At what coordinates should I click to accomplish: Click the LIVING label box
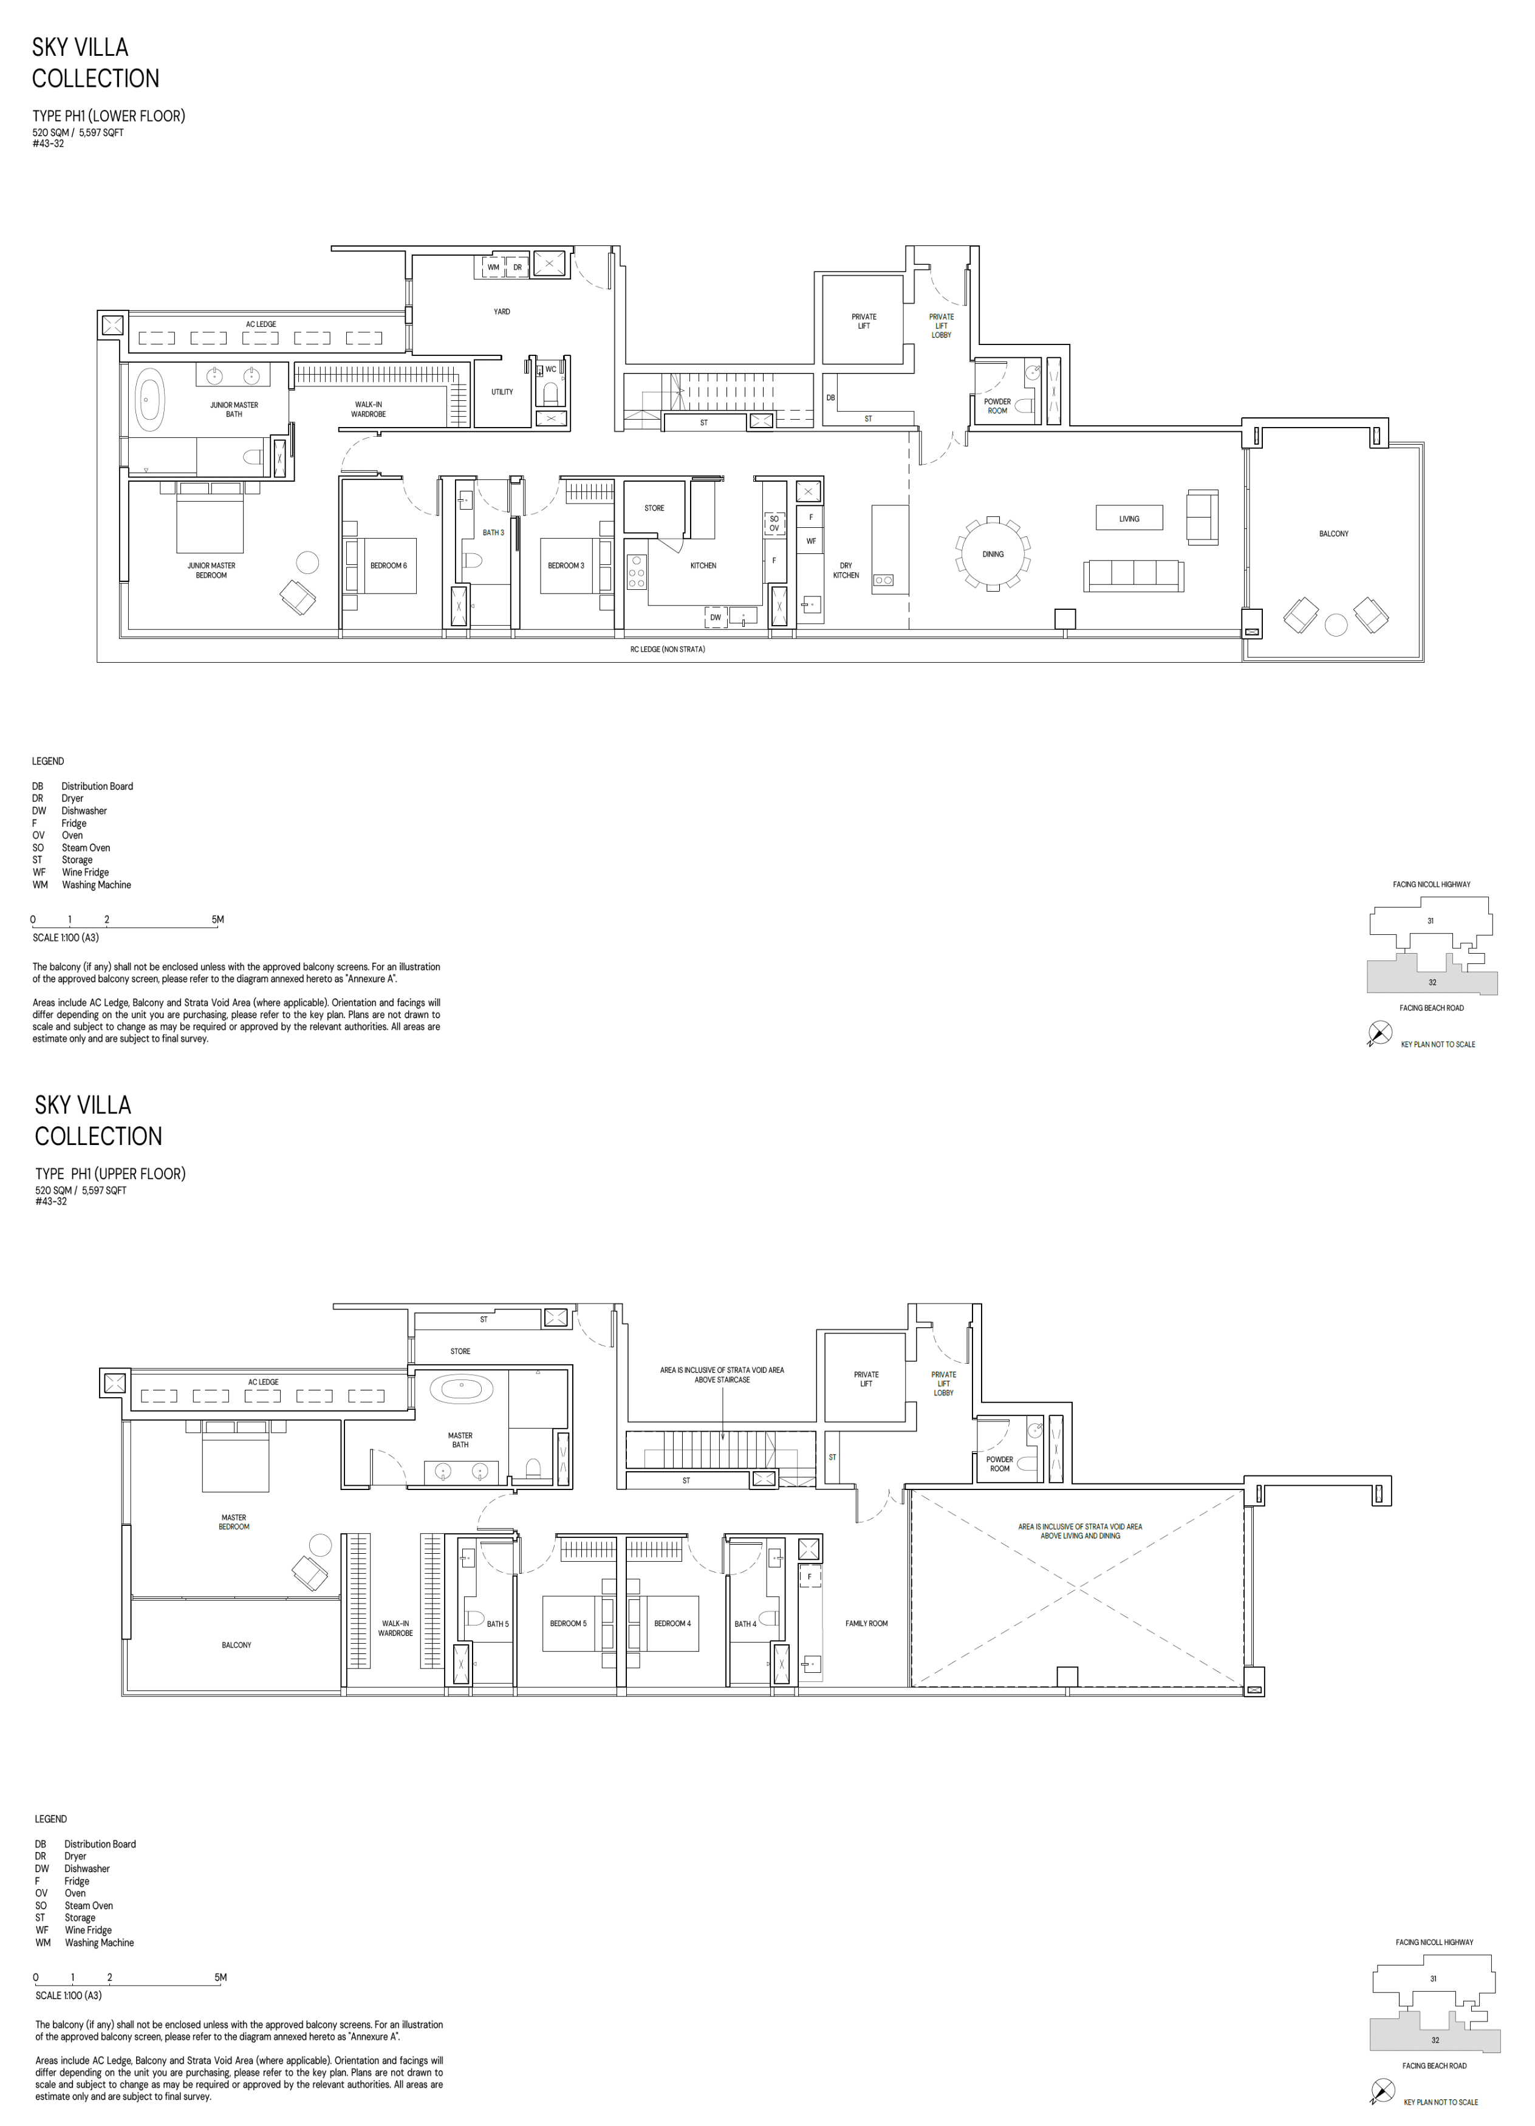pyautogui.click(x=1129, y=518)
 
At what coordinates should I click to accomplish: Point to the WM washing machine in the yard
pyautogui.click(x=492, y=267)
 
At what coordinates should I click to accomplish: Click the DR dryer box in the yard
pyautogui.click(x=517, y=267)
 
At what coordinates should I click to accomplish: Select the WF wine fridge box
pyautogui.click(x=810, y=541)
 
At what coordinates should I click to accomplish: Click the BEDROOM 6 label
pyautogui.click(x=388, y=566)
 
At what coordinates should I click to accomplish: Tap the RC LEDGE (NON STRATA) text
pyautogui.click(x=668, y=649)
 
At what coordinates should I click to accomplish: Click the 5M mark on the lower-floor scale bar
pyautogui.click(x=217, y=920)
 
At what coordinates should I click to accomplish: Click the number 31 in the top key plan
pyautogui.click(x=1430, y=920)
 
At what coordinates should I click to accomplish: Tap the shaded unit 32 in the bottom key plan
pyautogui.click(x=1435, y=2039)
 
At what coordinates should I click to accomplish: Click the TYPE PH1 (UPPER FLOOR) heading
pyautogui.click(x=110, y=1174)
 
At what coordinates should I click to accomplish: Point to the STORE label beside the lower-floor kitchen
pyautogui.click(x=654, y=508)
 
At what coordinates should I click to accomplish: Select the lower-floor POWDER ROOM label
pyautogui.click(x=997, y=406)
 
